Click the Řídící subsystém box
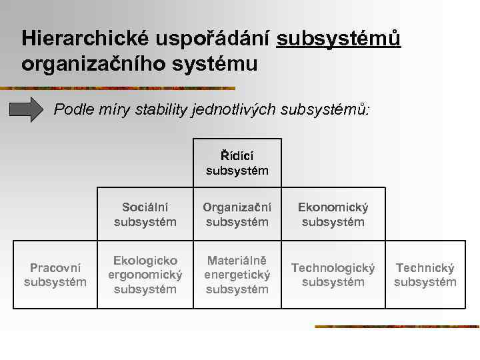pyautogui.click(x=237, y=163)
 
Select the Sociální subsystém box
pyautogui.click(x=145, y=215)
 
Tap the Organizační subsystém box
pyautogui.click(x=237, y=215)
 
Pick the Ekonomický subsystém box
pyautogui.click(x=333, y=215)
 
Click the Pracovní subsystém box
pyautogui.click(x=55, y=275)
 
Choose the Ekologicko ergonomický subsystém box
pyautogui.click(x=145, y=275)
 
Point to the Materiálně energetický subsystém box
pyautogui.click(x=237, y=275)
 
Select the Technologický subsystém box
pyautogui.click(x=333, y=275)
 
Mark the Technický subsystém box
pyautogui.click(x=425, y=275)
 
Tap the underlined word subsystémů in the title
pyautogui.click(x=339, y=39)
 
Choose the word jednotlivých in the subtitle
pyautogui.click(x=239, y=109)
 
